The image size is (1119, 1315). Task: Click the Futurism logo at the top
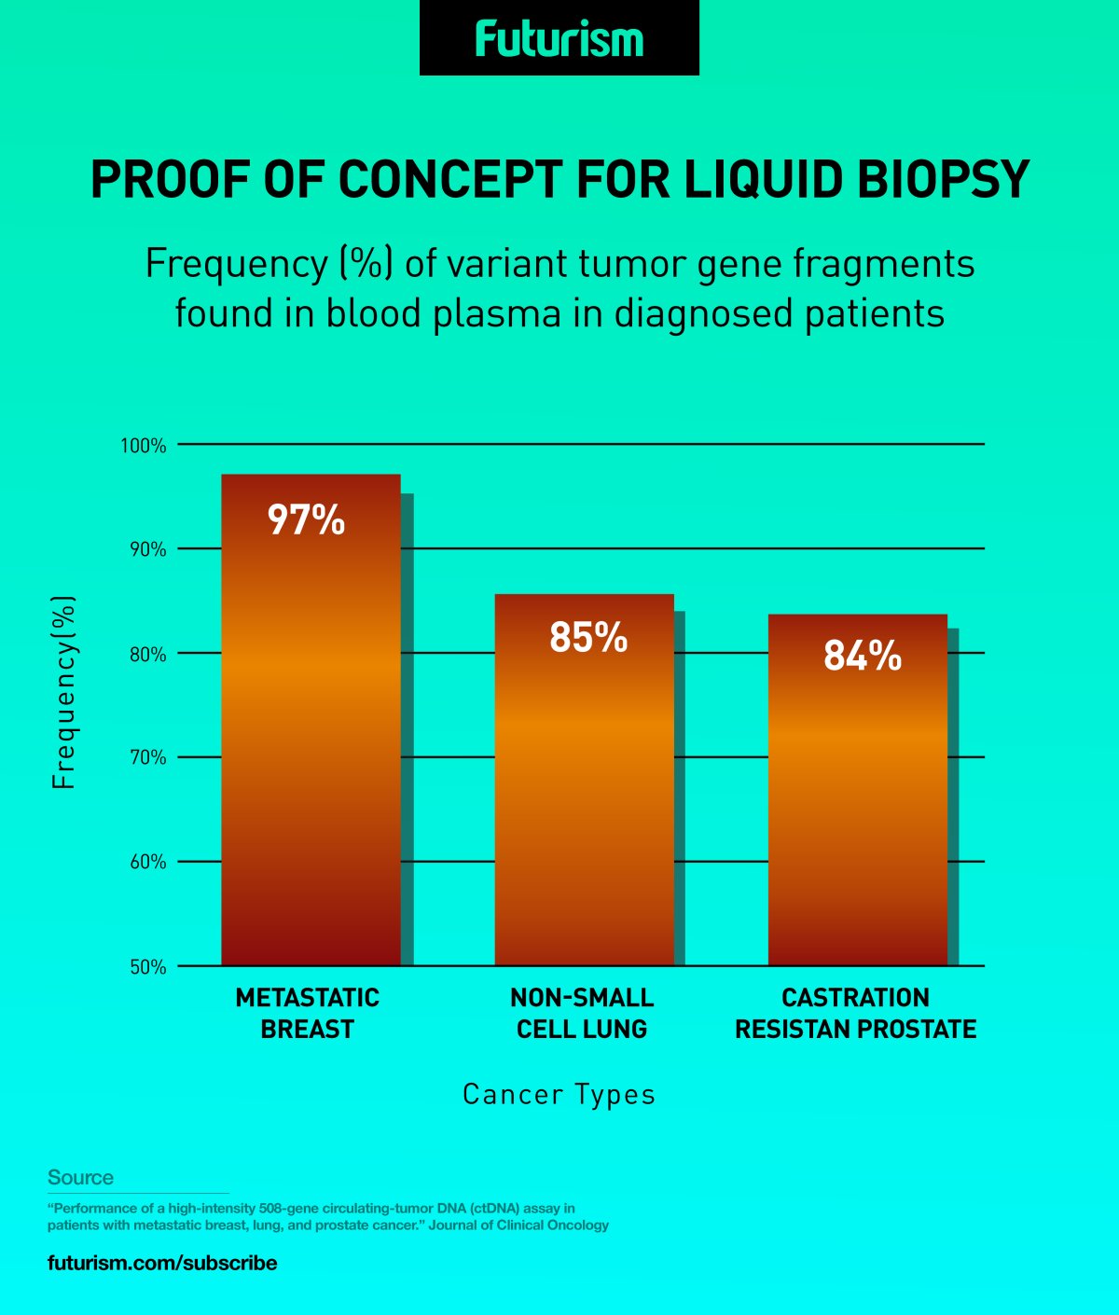(x=559, y=39)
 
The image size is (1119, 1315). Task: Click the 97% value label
(x=307, y=519)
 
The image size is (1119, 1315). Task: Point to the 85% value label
(x=588, y=638)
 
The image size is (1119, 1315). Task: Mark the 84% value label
(x=863, y=656)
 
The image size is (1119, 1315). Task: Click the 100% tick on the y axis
(x=144, y=446)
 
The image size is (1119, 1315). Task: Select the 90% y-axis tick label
(x=147, y=549)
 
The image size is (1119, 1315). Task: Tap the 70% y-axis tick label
(x=147, y=757)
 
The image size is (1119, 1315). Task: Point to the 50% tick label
(x=147, y=967)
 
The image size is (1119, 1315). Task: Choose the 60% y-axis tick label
(x=147, y=862)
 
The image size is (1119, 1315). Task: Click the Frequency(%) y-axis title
(x=63, y=693)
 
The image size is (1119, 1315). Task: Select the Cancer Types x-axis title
(x=559, y=1094)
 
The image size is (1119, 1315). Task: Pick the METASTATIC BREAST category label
(x=307, y=1014)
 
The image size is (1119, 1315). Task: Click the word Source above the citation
(x=80, y=1177)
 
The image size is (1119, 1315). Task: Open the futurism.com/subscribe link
(x=162, y=1263)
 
